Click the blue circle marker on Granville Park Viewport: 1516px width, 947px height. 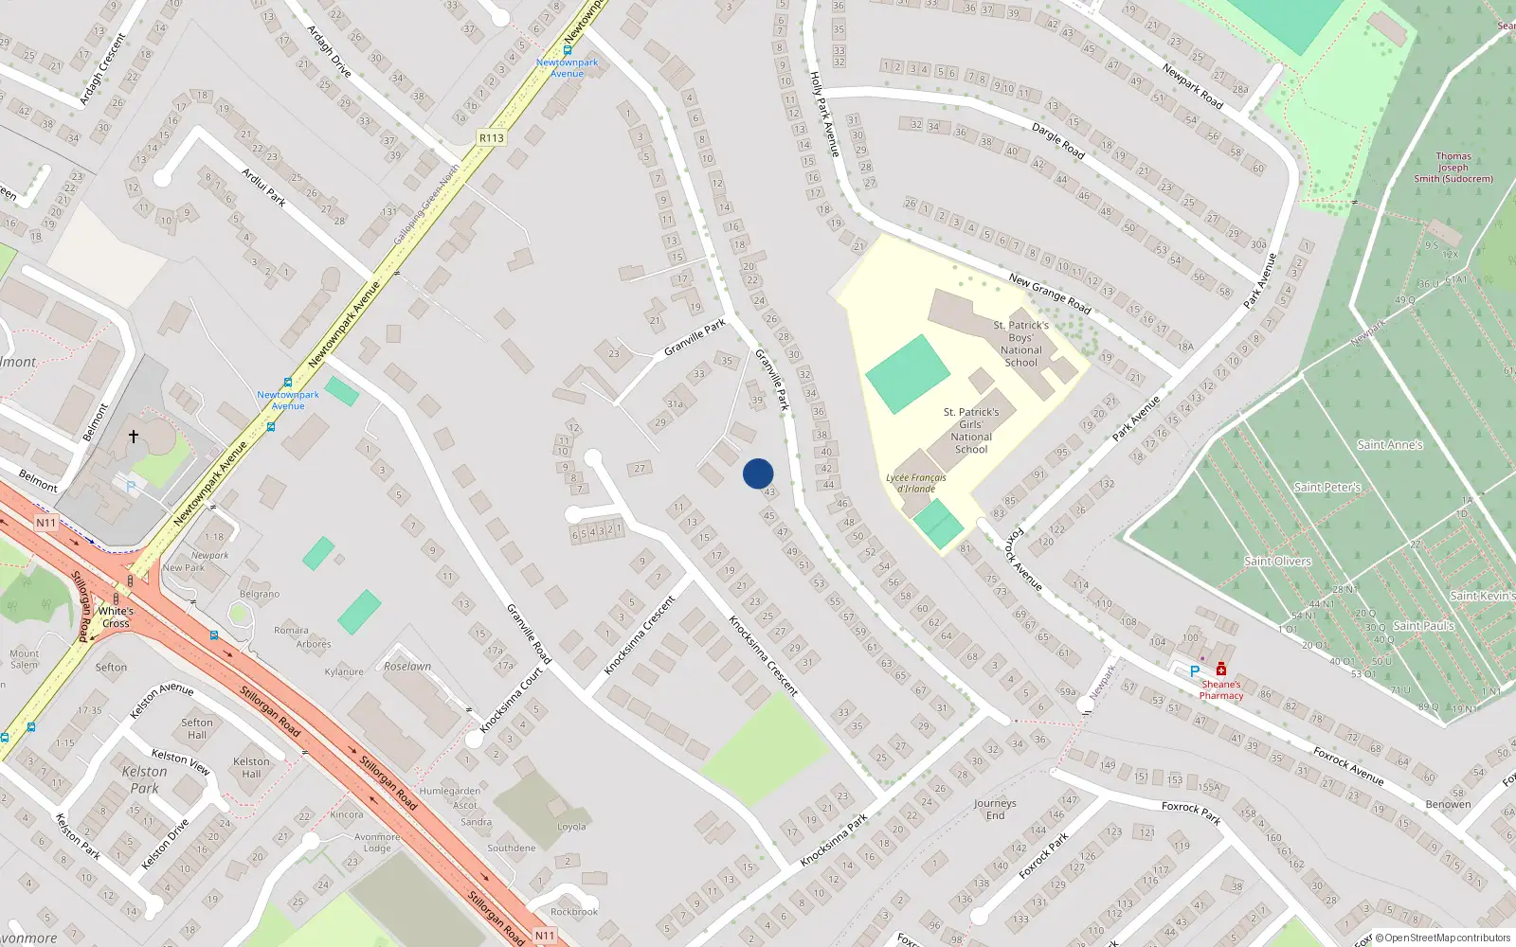pyautogui.click(x=758, y=473)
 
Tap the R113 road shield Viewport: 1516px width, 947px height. pyautogui.click(x=492, y=138)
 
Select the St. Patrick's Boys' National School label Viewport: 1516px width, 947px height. pyautogui.click(x=1020, y=344)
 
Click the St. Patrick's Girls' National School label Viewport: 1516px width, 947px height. pyautogui.click(x=971, y=431)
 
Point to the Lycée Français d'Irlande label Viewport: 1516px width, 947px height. pyautogui.click(x=916, y=483)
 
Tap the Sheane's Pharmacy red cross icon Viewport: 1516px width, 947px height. pyautogui.click(x=1221, y=670)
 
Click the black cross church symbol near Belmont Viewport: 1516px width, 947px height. pyautogui.click(x=134, y=437)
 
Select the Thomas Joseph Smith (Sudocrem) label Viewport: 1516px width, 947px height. pyautogui.click(x=1453, y=168)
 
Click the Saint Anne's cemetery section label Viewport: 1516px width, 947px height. pyautogui.click(x=1390, y=444)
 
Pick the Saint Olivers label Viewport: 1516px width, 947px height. pyautogui.click(x=1277, y=561)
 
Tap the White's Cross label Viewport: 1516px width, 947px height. pyautogui.click(x=116, y=616)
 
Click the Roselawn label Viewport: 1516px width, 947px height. pyautogui.click(x=407, y=666)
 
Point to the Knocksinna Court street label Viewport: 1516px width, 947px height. pyautogui.click(x=512, y=700)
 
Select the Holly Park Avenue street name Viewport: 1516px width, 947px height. pyautogui.click(x=824, y=114)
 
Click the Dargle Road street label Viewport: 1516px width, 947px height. pyautogui.click(x=1057, y=141)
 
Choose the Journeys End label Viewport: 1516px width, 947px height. pyautogui.click(x=995, y=809)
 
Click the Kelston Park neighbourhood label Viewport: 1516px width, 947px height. pyautogui.click(x=144, y=779)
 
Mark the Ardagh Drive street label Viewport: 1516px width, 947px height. pyautogui.click(x=329, y=51)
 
